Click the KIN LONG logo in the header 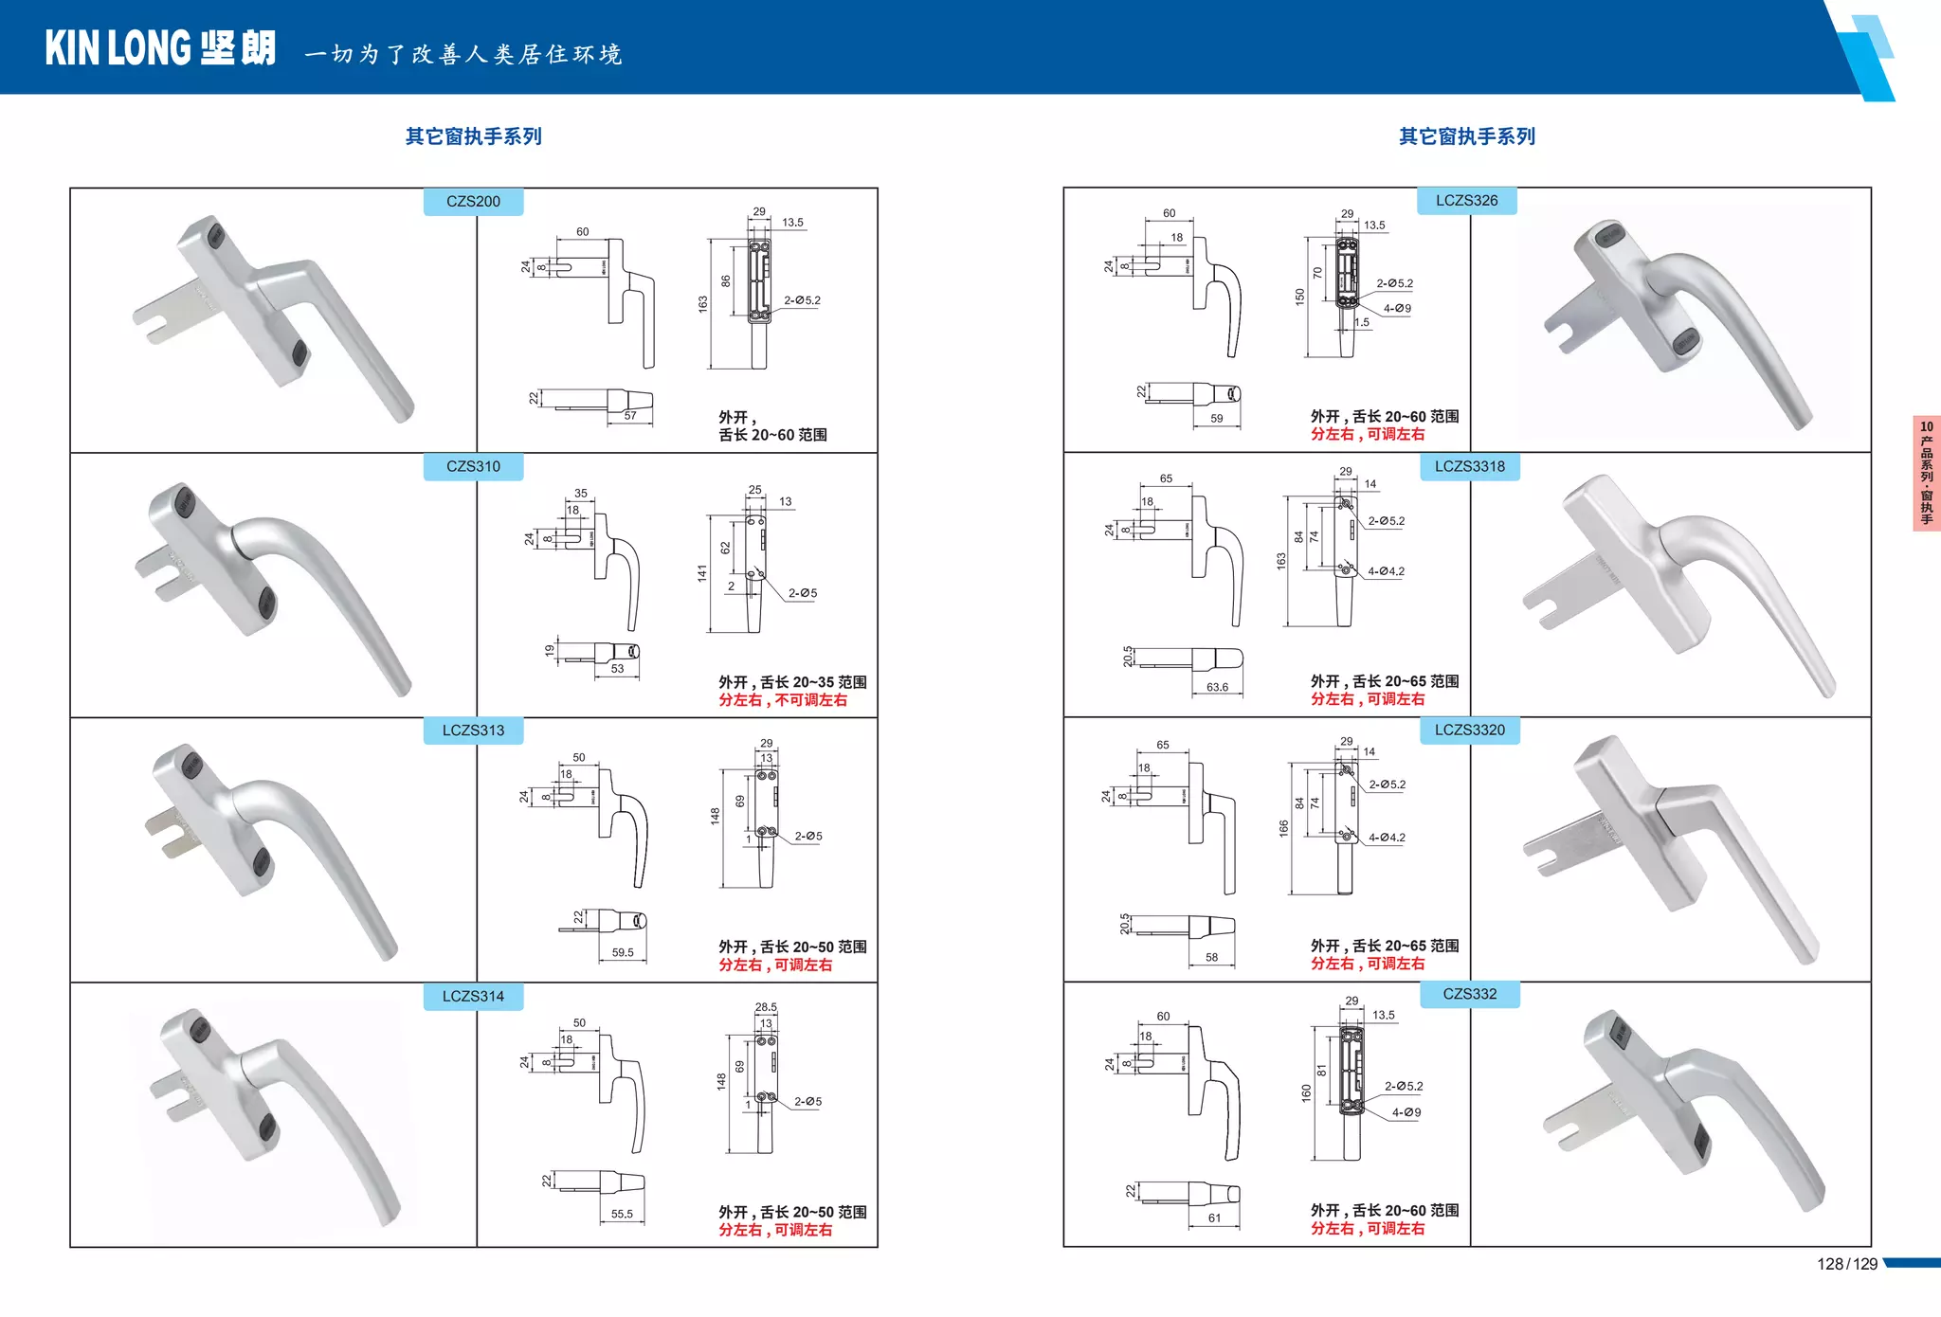(x=160, y=48)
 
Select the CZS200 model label (x=473, y=202)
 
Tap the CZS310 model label (x=473, y=466)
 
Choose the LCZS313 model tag (x=473, y=731)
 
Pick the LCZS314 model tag (x=473, y=996)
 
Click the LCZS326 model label (x=1466, y=201)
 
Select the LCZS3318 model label (x=1469, y=466)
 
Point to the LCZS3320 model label (x=1469, y=730)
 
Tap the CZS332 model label (x=1469, y=994)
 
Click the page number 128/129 (x=1846, y=1264)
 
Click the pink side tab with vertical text (x=1926, y=473)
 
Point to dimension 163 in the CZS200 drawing (x=703, y=304)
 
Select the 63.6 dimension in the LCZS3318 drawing (x=1217, y=688)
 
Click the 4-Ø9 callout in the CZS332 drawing (x=1406, y=1112)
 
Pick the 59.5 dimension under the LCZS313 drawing (x=623, y=953)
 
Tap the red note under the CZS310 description (x=783, y=700)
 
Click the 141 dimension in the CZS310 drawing (x=702, y=573)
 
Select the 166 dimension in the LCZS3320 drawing (x=1284, y=828)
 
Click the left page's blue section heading (x=473, y=136)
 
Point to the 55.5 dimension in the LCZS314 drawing (x=622, y=1215)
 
